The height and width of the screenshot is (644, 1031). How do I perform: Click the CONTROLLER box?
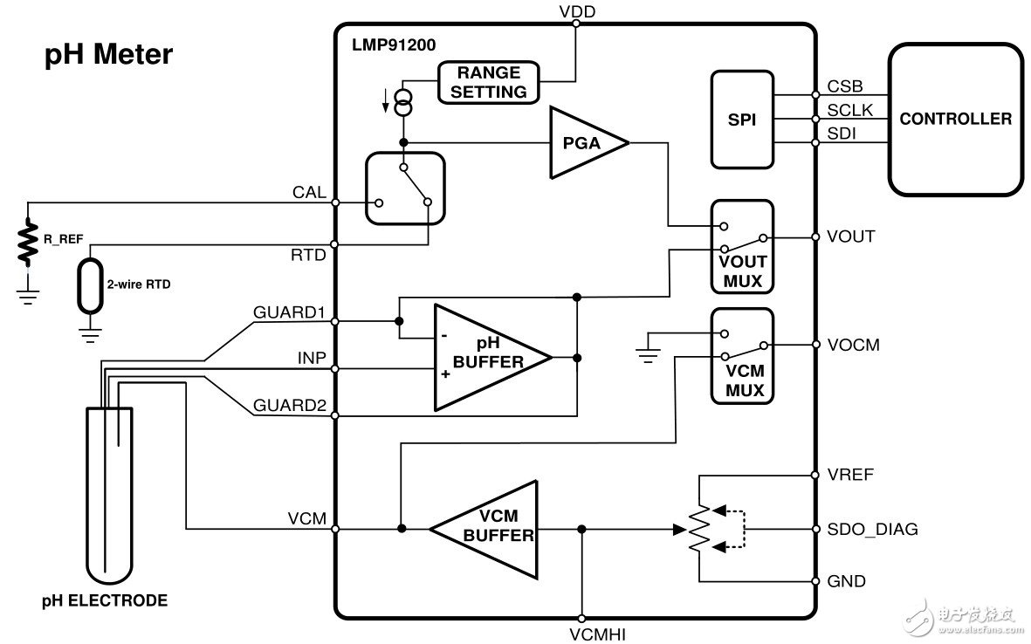click(955, 119)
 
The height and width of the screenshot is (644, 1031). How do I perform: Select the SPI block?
click(742, 119)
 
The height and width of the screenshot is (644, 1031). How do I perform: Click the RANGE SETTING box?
click(489, 82)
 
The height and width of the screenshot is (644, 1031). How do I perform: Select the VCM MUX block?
click(742, 354)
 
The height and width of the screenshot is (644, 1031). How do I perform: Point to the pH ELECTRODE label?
click(105, 600)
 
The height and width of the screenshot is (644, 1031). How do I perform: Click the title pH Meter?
click(109, 56)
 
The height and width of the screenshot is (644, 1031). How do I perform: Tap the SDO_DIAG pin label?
click(871, 529)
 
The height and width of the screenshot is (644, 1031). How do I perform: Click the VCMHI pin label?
click(581, 634)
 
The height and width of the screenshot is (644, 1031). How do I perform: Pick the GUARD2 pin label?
click(289, 406)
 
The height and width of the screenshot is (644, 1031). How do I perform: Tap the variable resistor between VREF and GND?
click(698, 529)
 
